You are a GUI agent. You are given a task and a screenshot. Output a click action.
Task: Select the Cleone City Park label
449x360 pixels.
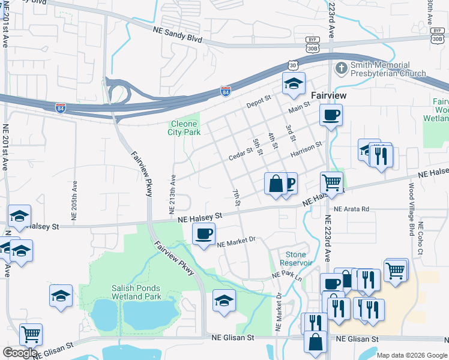tap(184, 128)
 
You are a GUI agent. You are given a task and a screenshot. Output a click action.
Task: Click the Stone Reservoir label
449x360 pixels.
tap(296, 259)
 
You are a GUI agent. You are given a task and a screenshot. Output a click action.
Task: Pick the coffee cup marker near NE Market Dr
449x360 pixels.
tap(204, 233)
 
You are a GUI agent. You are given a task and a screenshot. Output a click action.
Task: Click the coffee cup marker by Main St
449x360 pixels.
tap(331, 115)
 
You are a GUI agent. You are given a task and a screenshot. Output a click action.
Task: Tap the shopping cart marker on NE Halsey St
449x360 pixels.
tap(331, 182)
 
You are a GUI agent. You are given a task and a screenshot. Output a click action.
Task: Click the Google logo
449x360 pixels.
tap(20, 353)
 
